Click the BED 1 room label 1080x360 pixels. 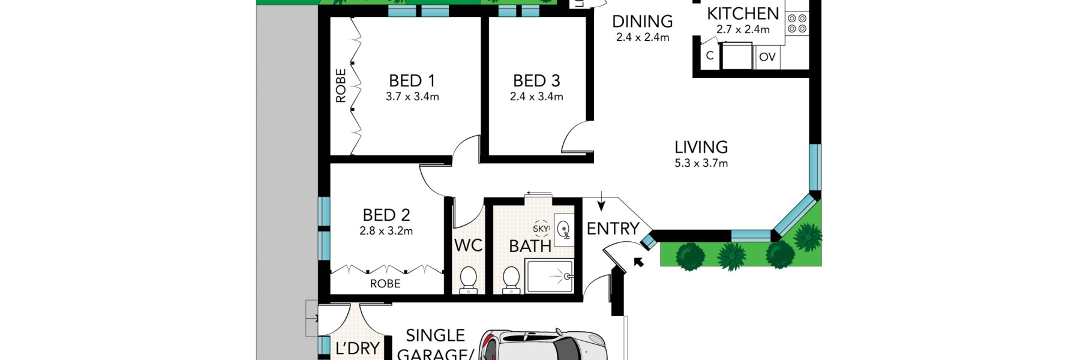pyautogui.click(x=412, y=80)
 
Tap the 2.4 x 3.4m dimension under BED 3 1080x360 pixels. pyautogui.click(x=536, y=97)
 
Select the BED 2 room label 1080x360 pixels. pyautogui.click(x=386, y=215)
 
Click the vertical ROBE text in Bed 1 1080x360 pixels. pyautogui.click(x=341, y=85)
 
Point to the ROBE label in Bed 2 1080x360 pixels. pyautogui.click(x=385, y=284)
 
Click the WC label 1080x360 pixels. pyautogui.click(x=468, y=245)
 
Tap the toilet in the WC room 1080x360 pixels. pyautogui.click(x=468, y=280)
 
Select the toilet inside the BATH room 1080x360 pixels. pyautogui.click(x=511, y=280)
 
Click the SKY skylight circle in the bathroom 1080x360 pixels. pyautogui.click(x=541, y=229)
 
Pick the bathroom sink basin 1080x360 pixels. pyautogui.click(x=563, y=230)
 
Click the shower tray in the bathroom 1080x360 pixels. pyautogui.click(x=549, y=276)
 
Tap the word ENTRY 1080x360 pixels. pyautogui.click(x=613, y=229)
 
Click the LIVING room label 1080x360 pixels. pyautogui.click(x=701, y=147)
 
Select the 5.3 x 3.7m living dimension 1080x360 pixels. pyautogui.click(x=701, y=163)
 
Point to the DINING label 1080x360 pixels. pyautogui.click(x=642, y=22)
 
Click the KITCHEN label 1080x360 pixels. pyautogui.click(x=742, y=13)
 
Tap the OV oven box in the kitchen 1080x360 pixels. pyautogui.click(x=767, y=58)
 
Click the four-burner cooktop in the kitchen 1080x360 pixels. pyautogui.click(x=797, y=24)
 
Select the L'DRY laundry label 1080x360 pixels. pyautogui.click(x=357, y=348)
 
